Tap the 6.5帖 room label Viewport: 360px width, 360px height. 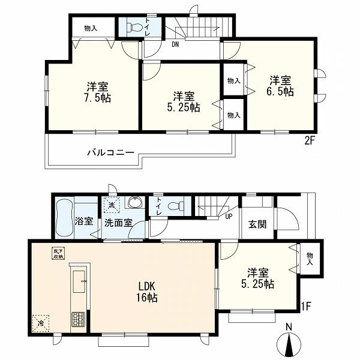click(x=280, y=86)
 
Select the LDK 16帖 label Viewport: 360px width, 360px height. click(x=147, y=292)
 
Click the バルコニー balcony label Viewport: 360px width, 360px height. click(x=110, y=152)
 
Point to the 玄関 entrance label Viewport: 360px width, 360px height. click(x=257, y=224)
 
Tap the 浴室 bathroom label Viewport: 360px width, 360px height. click(x=84, y=221)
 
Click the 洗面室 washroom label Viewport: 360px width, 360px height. click(x=118, y=223)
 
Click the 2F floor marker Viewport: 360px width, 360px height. click(x=309, y=141)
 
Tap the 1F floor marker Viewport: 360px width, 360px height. click(x=306, y=306)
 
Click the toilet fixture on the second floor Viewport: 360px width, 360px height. click(x=134, y=28)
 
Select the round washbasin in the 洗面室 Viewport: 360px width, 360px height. click(x=135, y=203)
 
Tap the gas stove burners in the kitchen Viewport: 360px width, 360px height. click(x=78, y=319)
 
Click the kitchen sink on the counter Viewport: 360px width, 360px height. click(x=79, y=281)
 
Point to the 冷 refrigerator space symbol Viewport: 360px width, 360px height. click(x=41, y=323)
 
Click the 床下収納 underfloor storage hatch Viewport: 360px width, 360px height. click(x=58, y=254)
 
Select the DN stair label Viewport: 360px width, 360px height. click(x=175, y=44)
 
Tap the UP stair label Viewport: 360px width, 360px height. click(x=229, y=216)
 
